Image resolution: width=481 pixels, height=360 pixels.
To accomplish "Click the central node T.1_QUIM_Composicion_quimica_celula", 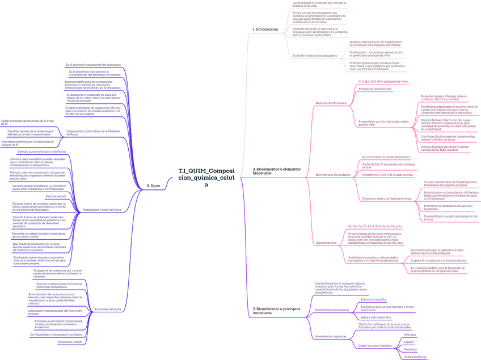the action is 206,177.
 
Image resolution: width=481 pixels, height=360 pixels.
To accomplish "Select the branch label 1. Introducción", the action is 265,29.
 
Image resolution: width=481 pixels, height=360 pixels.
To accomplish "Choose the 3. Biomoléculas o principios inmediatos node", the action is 275,311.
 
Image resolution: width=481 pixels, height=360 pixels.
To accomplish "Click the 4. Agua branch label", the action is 153,185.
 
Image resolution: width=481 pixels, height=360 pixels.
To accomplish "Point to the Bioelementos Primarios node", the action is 331,103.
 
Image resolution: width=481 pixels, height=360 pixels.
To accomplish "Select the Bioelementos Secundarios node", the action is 332,175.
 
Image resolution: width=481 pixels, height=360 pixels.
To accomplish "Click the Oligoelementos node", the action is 326,243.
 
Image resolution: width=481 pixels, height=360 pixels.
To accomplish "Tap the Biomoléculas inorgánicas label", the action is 332,310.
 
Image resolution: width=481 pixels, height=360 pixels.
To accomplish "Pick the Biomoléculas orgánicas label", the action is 331,336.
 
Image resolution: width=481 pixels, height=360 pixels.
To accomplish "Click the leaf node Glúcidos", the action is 410,335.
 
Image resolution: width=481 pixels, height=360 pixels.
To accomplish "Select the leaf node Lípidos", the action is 409,342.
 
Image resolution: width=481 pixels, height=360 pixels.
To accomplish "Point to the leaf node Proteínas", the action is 410,349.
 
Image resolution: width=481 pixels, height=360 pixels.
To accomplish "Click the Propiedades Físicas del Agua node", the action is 102,210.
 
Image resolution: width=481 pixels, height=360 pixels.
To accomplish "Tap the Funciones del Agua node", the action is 108,309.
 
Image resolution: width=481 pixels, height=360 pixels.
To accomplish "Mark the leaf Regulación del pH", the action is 70,342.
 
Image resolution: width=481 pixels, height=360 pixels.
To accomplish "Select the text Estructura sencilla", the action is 373,299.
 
